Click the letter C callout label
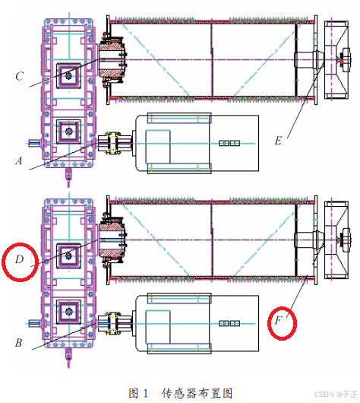pyautogui.click(x=20, y=76)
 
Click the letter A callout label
pyautogui.click(x=19, y=161)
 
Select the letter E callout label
pyautogui.click(x=278, y=141)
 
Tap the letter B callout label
pyautogui.click(x=18, y=343)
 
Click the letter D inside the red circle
pyautogui.click(x=20, y=259)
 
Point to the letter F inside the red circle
pyautogui.click(x=278, y=321)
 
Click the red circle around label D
pyautogui.click(x=3, y=262)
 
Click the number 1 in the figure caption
pyautogui.click(x=145, y=393)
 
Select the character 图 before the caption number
pyautogui.click(x=134, y=393)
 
